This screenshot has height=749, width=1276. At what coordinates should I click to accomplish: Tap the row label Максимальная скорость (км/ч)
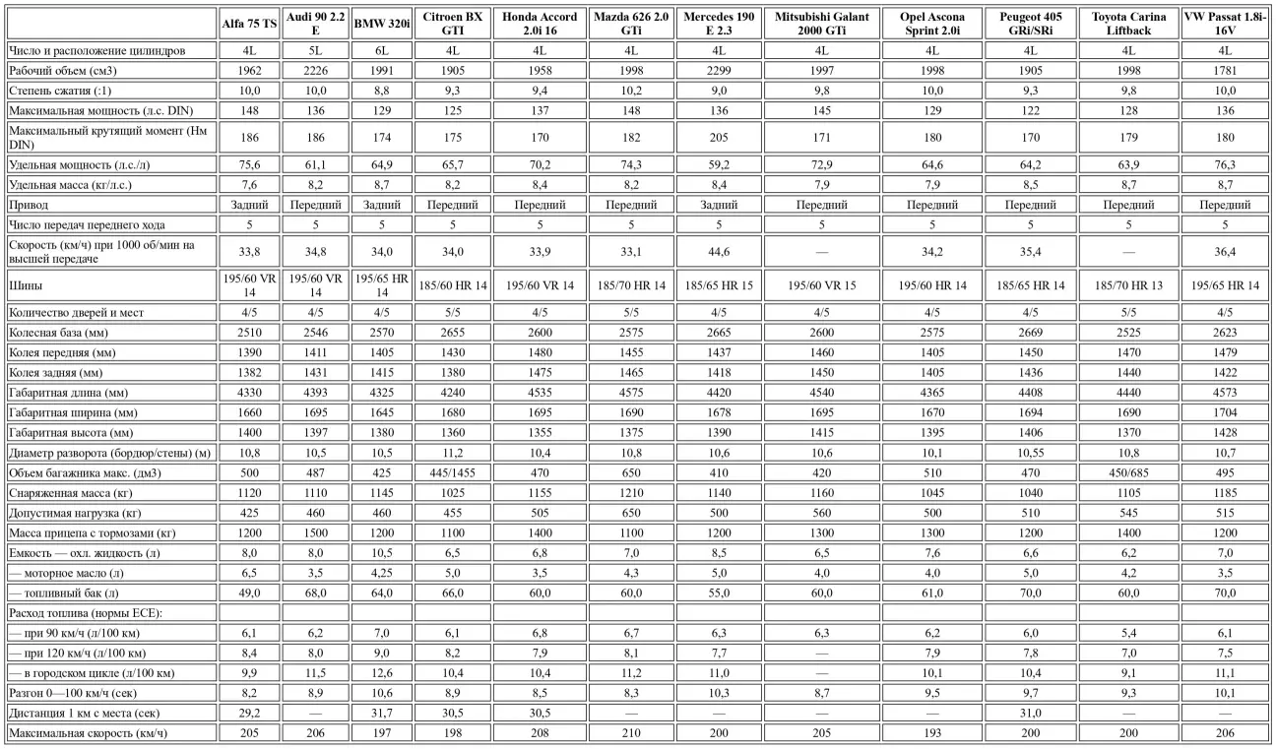point(87,733)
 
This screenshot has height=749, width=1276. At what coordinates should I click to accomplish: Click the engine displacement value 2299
point(718,70)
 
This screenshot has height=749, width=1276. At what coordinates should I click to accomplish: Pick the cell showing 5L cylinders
point(315,49)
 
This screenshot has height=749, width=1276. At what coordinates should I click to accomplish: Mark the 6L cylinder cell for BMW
point(381,49)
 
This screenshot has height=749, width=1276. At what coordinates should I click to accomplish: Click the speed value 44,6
point(718,251)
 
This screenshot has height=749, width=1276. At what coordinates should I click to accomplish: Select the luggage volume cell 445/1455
point(452,471)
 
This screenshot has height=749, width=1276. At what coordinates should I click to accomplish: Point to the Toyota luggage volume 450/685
point(1128,471)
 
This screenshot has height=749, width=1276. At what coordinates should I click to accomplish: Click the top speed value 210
point(630,733)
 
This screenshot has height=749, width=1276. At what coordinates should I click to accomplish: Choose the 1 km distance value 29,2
point(250,714)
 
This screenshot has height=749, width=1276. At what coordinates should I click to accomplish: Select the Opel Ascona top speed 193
point(931,733)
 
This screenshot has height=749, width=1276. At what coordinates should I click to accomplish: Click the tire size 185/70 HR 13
point(1128,285)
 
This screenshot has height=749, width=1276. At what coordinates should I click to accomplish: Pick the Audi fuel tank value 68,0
point(315,593)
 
